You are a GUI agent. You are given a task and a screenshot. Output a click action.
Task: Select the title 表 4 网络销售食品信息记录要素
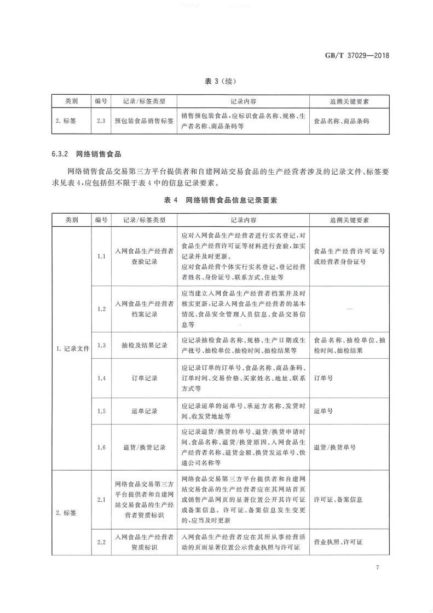(x=221, y=200)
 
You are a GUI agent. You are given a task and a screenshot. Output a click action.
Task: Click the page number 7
(x=378, y=568)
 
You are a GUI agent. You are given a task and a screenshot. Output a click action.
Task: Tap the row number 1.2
(x=101, y=309)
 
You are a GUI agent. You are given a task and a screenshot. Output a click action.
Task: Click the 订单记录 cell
(x=144, y=378)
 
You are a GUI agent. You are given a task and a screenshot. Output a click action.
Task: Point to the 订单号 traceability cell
(x=324, y=378)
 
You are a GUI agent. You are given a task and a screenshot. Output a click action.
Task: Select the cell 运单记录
(x=144, y=410)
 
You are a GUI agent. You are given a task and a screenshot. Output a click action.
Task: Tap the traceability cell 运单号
(x=324, y=410)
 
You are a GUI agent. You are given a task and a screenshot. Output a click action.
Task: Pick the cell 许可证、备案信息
(x=338, y=500)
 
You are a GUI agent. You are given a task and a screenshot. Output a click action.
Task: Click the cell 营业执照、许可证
(x=338, y=542)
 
